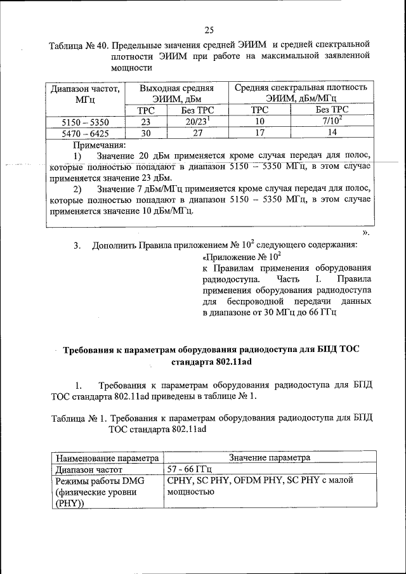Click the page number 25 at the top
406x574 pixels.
click(x=209, y=29)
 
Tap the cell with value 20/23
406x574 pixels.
click(x=190, y=121)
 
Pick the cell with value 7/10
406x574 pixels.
click(x=332, y=121)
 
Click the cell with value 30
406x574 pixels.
click(x=145, y=133)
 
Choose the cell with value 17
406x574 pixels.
click(x=259, y=133)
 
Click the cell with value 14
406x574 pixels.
click(x=332, y=133)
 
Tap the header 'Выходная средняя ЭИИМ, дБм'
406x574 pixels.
click(x=167, y=94)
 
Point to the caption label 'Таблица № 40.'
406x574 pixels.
click(x=78, y=44)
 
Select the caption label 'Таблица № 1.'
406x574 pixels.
click(x=75, y=418)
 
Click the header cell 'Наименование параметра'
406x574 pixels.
click(x=106, y=457)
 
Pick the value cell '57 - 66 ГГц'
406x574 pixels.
click(x=188, y=469)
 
